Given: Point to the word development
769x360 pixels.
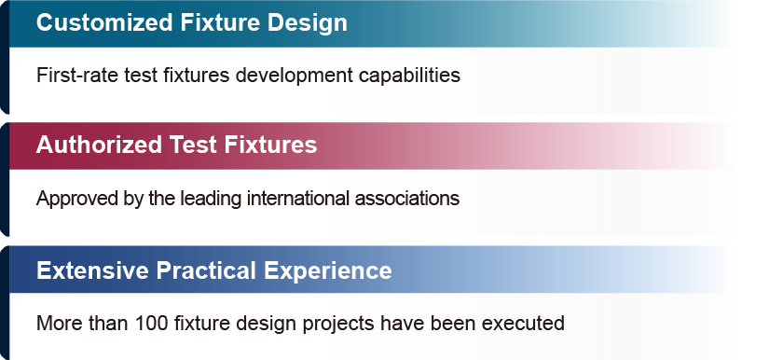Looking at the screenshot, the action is [x=294, y=76].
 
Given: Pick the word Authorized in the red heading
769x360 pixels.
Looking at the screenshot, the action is [x=99, y=145].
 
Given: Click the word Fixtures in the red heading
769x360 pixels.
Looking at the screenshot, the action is [x=270, y=145].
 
